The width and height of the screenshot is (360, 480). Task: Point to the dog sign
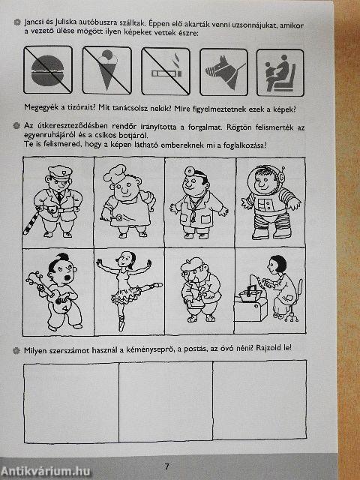[222, 71]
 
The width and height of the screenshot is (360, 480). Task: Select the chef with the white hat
[124, 199]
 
